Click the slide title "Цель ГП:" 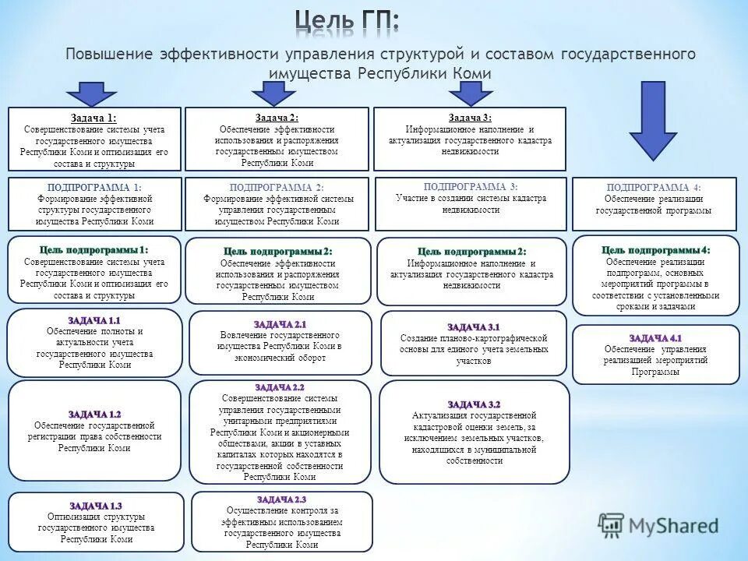tap(347, 21)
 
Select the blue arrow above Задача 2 tap(273, 92)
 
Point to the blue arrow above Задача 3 tap(469, 92)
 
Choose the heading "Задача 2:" tap(277, 117)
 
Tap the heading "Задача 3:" tap(470, 117)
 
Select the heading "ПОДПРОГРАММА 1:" tap(94, 187)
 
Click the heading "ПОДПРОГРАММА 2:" tap(277, 188)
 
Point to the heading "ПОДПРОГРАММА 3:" tap(470, 186)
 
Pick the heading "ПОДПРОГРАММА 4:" tap(654, 188)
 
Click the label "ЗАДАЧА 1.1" tap(94, 320)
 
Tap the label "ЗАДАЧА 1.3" tap(95, 506)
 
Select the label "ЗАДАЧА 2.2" tap(279, 387)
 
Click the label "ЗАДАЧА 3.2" tap(474, 404)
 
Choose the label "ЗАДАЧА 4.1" tap(655, 337)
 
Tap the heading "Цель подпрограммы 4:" tap(655, 249)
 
